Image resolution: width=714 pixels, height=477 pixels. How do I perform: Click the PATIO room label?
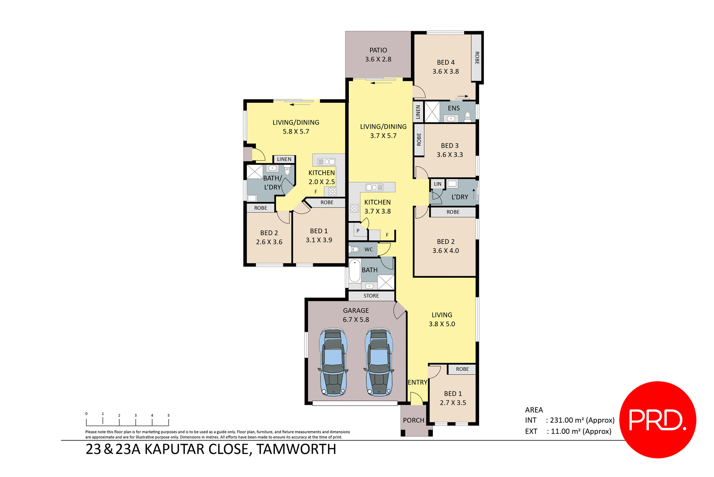tap(378, 50)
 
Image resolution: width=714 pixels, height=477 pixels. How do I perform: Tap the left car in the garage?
tap(333, 361)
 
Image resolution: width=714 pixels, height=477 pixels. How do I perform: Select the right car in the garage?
tap(379, 361)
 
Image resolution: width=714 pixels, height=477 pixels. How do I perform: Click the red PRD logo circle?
tap(657, 419)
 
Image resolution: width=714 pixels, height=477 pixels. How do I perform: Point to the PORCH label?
tap(414, 420)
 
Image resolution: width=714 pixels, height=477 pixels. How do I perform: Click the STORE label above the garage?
tap(371, 296)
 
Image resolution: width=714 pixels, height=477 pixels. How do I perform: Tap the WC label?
tap(369, 249)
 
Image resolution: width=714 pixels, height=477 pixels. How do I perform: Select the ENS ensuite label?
tap(454, 108)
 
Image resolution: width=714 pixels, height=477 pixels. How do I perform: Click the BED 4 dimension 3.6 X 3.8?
tap(446, 71)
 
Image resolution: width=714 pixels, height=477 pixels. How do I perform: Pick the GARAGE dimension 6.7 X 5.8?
tap(356, 320)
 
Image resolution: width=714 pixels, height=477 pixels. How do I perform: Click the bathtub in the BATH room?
tap(355, 271)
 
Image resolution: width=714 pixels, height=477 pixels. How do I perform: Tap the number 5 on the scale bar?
tap(168, 415)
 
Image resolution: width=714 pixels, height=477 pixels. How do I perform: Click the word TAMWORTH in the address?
tap(296, 449)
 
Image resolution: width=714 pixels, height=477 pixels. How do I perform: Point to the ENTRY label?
tap(417, 382)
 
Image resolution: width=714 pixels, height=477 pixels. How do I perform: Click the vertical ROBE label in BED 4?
tap(477, 58)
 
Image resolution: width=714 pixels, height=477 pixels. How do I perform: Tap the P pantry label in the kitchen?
tap(358, 231)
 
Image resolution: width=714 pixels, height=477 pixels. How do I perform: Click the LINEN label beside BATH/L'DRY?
tap(284, 159)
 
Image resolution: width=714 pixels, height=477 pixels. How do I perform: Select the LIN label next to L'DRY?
tap(438, 184)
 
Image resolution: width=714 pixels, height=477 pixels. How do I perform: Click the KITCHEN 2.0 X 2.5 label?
tap(322, 177)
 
